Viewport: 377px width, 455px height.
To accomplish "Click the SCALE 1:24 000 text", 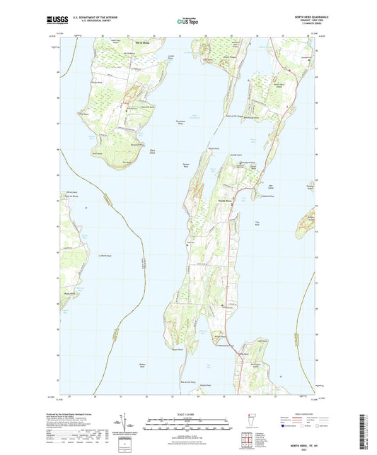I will pos(188,415).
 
